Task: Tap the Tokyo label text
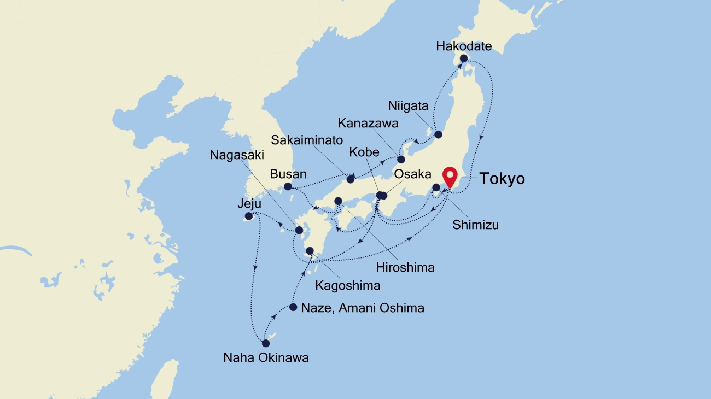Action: pos(502,179)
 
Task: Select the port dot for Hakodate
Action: pos(464,58)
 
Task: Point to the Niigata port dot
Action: pos(438,134)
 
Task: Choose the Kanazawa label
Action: pos(368,124)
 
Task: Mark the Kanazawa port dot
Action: pos(401,160)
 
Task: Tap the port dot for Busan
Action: pos(288,186)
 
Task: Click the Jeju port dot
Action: pos(249,216)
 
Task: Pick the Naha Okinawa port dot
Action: pos(266,344)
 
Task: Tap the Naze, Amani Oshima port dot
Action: pos(294,307)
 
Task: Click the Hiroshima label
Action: pos(405,267)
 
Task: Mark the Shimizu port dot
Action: pos(436,188)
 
